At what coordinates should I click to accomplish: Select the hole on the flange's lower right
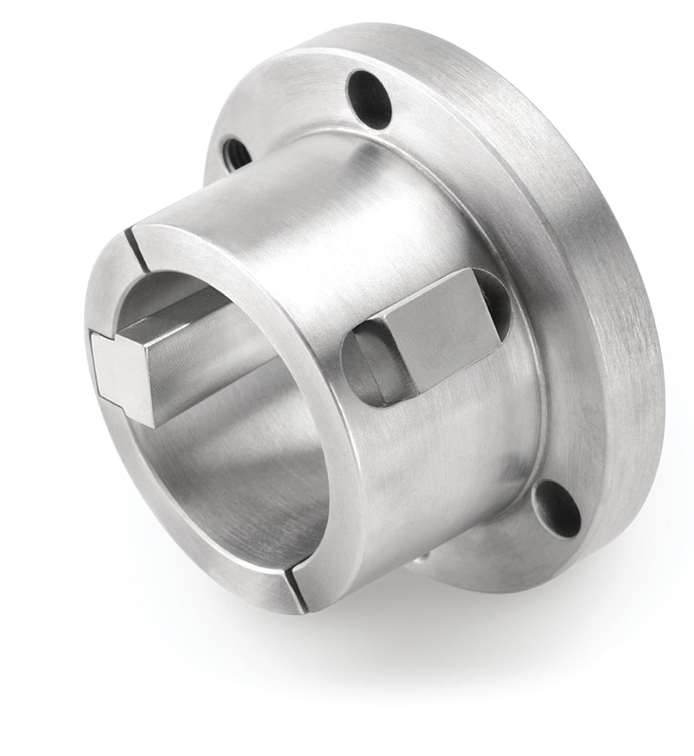[556, 509]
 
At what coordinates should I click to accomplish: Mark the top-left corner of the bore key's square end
[95, 339]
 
